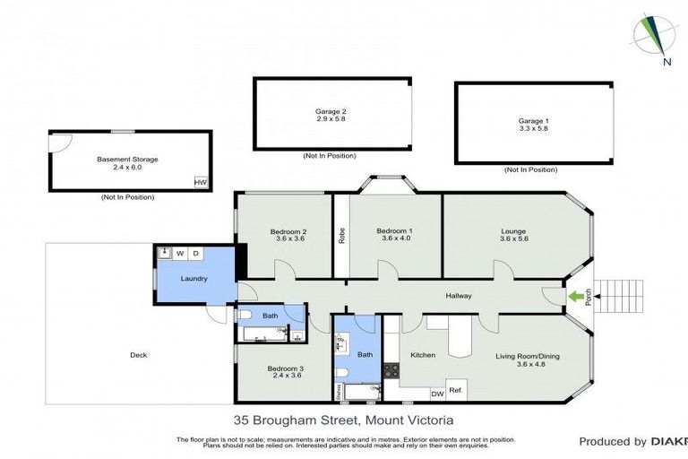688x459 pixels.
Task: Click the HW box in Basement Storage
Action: pyautogui.click(x=200, y=182)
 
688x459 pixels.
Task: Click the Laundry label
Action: pyautogui.click(x=194, y=279)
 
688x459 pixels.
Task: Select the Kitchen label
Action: pyautogui.click(x=423, y=355)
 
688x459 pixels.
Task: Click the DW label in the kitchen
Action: pyautogui.click(x=437, y=394)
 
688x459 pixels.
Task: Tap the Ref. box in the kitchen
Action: pyautogui.click(x=455, y=390)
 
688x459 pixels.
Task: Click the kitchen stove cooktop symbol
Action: pyautogui.click(x=391, y=368)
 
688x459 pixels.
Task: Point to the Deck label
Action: pyautogui.click(x=138, y=355)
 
